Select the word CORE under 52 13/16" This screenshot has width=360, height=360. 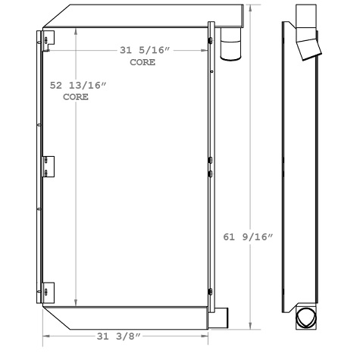click(x=75, y=98)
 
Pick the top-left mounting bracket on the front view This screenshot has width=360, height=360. click(x=48, y=41)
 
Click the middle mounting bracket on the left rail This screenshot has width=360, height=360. click(x=48, y=167)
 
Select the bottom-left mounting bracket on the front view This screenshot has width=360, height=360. click(x=48, y=292)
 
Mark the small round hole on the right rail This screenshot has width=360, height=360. click(x=212, y=72)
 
